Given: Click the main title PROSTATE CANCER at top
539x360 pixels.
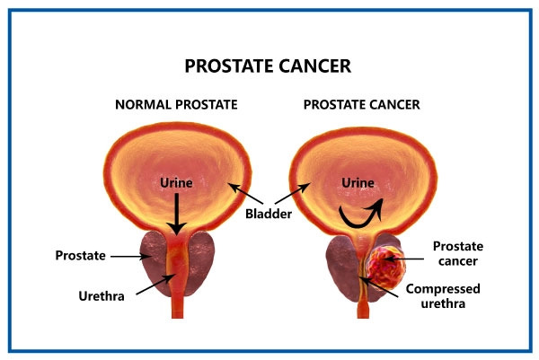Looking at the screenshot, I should click(x=268, y=66).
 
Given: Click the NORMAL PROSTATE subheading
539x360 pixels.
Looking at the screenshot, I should click(x=176, y=104).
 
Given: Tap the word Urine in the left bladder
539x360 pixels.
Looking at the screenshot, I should click(x=175, y=183).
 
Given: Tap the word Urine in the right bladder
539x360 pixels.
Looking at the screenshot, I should click(x=358, y=183).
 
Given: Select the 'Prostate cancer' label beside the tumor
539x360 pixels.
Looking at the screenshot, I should click(x=459, y=253).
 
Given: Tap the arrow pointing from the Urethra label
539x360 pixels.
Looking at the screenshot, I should click(x=153, y=287).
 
